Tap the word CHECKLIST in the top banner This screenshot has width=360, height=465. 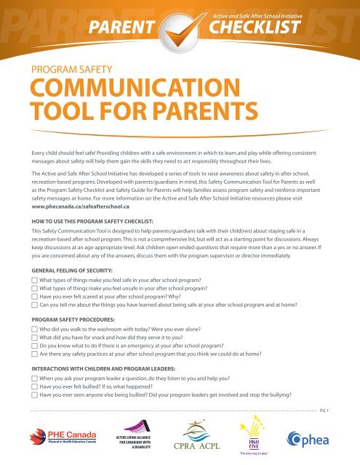[x=253, y=28]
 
